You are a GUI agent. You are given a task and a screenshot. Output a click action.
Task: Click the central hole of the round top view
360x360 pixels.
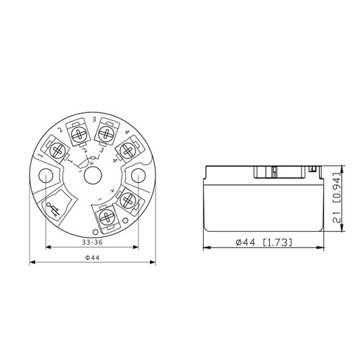(x=93, y=176)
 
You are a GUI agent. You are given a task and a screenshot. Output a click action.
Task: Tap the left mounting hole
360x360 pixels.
(x=45, y=176)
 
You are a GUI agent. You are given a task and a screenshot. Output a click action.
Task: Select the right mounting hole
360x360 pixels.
(x=138, y=176)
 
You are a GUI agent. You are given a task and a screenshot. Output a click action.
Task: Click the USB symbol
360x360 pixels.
(x=54, y=210)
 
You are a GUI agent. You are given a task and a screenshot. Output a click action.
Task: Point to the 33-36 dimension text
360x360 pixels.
(x=92, y=242)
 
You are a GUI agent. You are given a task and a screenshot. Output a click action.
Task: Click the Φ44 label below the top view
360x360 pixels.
(x=92, y=258)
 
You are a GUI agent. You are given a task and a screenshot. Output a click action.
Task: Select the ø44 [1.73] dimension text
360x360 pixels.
(x=264, y=243)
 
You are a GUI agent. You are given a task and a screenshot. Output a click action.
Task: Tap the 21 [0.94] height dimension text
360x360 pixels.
(x=337, y=197)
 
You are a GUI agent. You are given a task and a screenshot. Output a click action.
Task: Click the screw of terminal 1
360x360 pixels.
(x=58, y=150)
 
